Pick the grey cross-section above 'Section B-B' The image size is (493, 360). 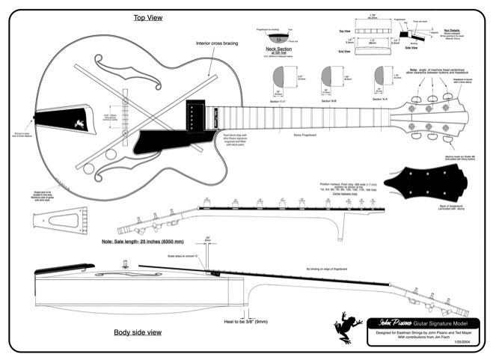tap(327, 76)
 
